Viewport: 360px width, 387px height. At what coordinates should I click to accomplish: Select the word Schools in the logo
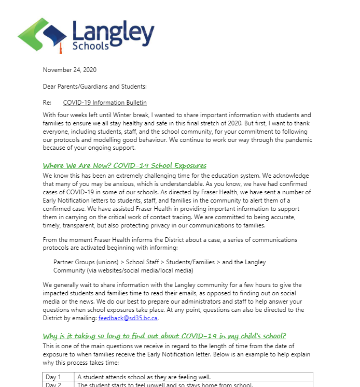(91, 46)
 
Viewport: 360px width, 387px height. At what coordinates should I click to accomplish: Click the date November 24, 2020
(70, 70)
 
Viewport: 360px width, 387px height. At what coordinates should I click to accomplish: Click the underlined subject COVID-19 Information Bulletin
(105, 103)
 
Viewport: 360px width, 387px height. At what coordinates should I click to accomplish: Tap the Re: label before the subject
(47, 103)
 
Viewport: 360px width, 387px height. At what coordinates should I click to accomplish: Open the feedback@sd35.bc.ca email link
(128, 318)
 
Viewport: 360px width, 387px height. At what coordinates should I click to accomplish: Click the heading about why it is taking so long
(164, 336)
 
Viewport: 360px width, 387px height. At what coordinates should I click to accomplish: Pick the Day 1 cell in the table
(53, 377)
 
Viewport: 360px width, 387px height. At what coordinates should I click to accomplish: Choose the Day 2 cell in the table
(53, 385)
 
